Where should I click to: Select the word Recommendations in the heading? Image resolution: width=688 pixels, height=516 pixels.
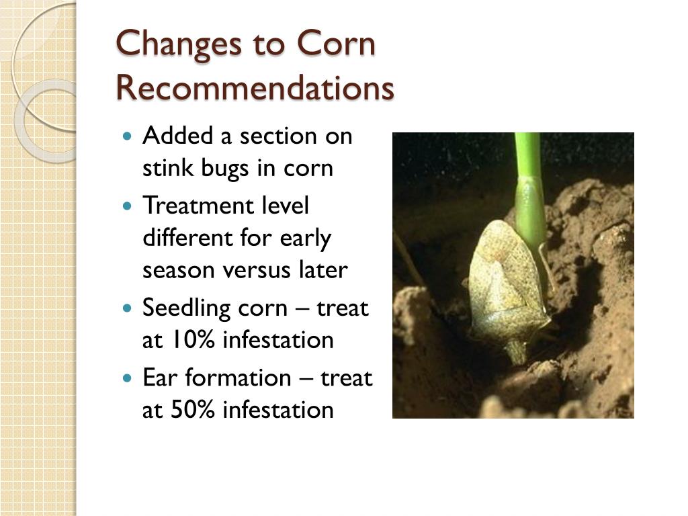pos(255,89)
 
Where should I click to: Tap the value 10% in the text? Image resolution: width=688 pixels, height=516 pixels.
pos(190,340)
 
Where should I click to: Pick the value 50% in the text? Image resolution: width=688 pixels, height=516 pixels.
pos(191,409)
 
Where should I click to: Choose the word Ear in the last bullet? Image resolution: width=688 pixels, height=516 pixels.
pos(160,378)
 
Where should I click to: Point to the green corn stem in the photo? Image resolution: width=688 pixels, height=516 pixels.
pos(528,188)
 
